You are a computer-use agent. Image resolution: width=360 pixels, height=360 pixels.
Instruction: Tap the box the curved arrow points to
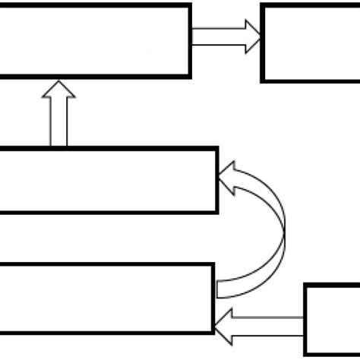(x=106, y=180)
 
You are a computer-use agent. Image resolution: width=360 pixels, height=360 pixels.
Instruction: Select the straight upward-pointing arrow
(x=58, y=114)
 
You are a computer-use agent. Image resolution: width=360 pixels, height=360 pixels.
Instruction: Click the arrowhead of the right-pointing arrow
(x=251, y=36)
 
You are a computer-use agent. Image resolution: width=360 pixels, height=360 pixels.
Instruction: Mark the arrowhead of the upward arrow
(x=58, y=90)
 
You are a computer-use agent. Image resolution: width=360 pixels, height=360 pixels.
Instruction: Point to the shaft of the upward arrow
(x=58, y=123)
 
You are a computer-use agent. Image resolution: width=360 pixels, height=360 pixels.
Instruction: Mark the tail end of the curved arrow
(x=222, y=289)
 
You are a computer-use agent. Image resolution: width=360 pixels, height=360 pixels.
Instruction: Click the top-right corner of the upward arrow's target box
(x=188, y=5)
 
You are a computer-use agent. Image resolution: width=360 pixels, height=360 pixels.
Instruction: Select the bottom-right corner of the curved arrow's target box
(x=216, y=211)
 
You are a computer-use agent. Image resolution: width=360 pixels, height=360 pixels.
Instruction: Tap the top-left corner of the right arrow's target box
(x=263, y=7)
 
